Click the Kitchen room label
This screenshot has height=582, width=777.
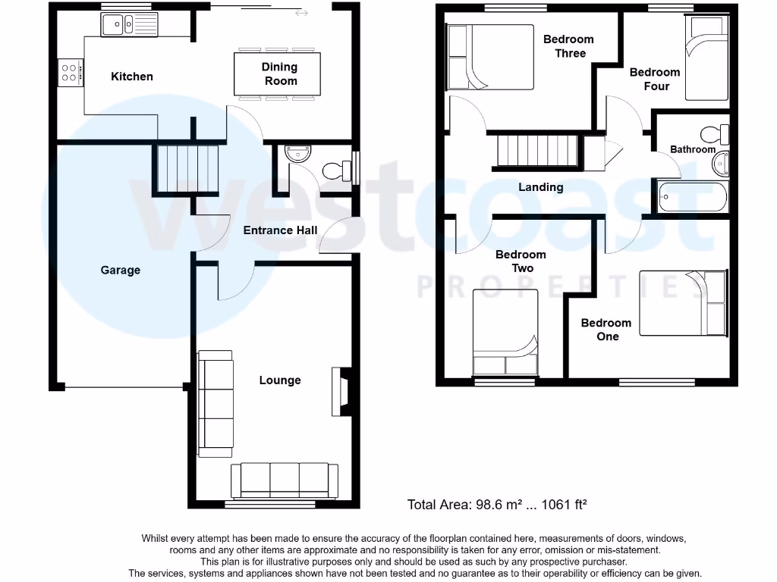tap(132, 77)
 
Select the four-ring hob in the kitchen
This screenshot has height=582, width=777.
tap(69, 73)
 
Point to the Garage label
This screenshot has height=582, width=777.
tap(121, 270)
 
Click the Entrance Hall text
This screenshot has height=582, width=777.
tap(279, 230)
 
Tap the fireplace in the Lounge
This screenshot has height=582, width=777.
tap(341, 391)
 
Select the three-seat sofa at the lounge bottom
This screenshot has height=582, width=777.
tap(285, 480)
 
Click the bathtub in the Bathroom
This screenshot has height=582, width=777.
tap(692, 198)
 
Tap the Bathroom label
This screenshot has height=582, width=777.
tap(692, 149)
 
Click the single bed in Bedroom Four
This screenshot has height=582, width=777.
tap(706, 58)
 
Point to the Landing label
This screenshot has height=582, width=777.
tap(540, 187)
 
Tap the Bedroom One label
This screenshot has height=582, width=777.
tap(606, 330)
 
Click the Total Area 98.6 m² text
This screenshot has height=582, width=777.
tap(498, 504)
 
